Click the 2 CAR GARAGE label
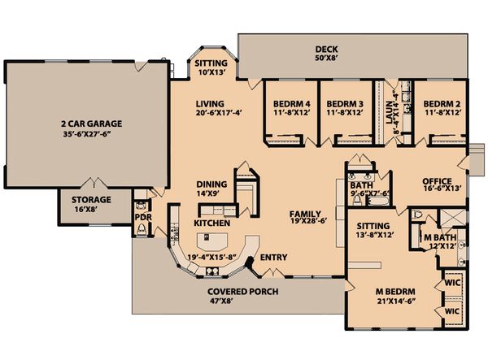coord(91,124)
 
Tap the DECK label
coord(326,49)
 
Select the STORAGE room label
coord(91,200)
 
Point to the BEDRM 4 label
coord(292,104)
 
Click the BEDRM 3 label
coord(345,104)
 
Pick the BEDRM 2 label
coord(442,104)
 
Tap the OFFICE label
coord(437,181)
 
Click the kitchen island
coord(212,241)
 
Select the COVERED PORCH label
coord(242,292)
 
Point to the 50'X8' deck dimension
coord(326,58)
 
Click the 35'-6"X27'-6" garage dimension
coord(87,134)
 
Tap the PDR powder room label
coord(143,217)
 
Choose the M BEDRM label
coord(395,292)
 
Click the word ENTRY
coord(273,258)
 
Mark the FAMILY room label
coord(305,214)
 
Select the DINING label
coord(211,184)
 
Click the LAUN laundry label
coord(390,112)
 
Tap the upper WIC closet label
coord(452,283)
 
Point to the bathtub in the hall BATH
coord(377,201)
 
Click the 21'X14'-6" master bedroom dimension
coord(397,301)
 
